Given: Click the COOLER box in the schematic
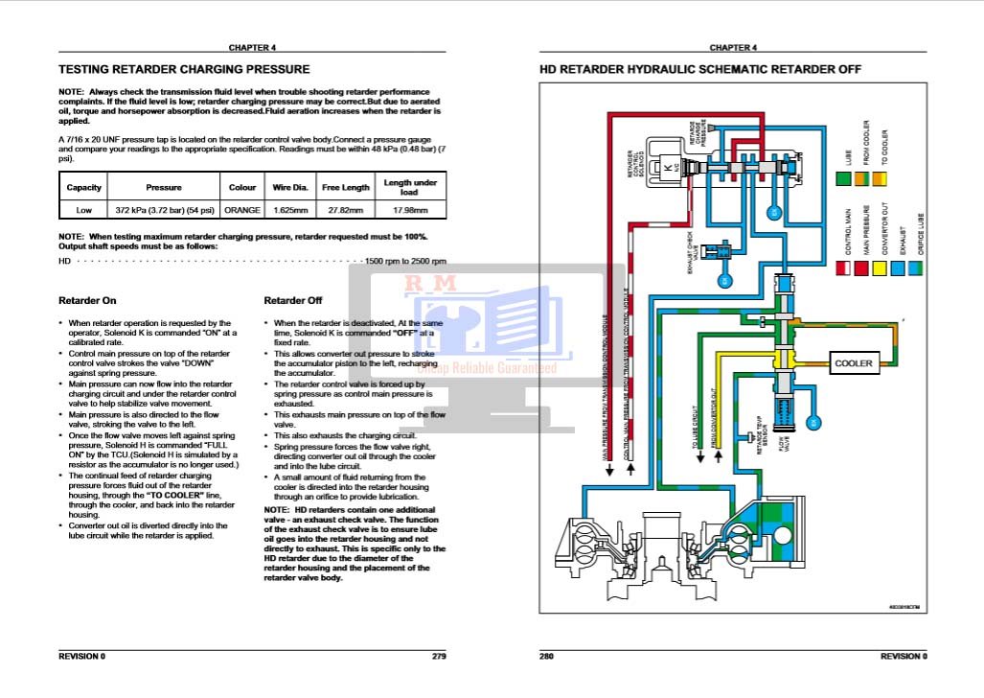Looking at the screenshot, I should coord(854,363).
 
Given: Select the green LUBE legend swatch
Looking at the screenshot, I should coord(844,179).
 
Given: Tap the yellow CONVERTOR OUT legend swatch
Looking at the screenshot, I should coord(882,269).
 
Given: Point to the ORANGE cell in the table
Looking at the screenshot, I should coord(242,210).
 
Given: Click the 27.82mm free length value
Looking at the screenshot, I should coord(345,210).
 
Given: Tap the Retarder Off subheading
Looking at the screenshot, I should coord(293,301).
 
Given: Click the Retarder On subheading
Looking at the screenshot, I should coord(87,301).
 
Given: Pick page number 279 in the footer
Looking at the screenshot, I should coord(439,656).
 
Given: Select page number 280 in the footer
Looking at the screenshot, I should coord(547,656).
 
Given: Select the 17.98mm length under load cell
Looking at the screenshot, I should coord(410,210).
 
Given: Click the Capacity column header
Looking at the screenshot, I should coord(84,188).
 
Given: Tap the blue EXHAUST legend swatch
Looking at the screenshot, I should coord(902,269).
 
